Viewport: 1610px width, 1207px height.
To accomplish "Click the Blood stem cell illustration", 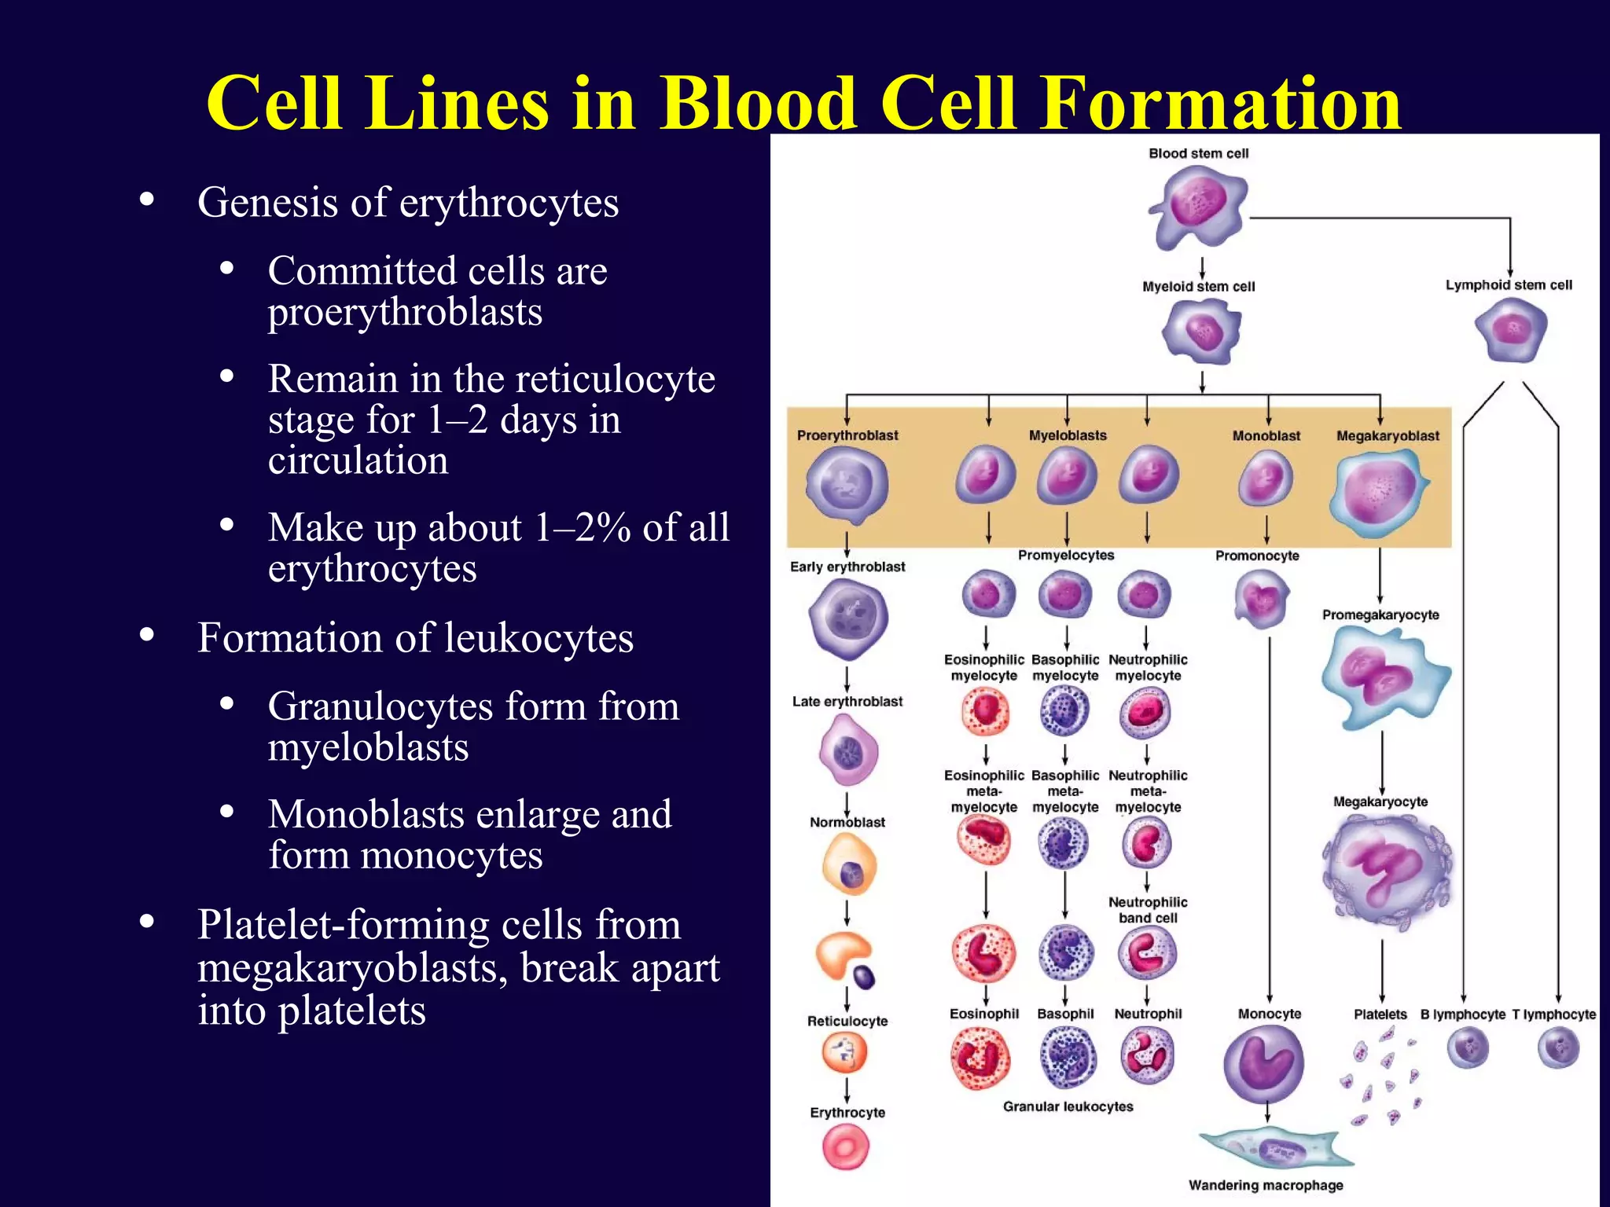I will pyautogui.click(x=1198, y=206).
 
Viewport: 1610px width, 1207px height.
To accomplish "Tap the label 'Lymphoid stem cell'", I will pyautogui.click(x=1508, y=285).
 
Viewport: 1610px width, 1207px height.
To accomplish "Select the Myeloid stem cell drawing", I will pyautogui.click(x=1201, y=332).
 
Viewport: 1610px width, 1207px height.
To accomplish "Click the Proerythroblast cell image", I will pyautogui.click(x=847, y=485).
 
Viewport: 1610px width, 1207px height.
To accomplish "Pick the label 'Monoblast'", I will pyautogui.click(x=1266, y=436).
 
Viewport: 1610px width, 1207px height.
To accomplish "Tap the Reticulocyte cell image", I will pyautogui.click(x=845, y=1052).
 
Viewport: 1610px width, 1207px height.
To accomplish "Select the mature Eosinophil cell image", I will pyautogui.click(x=980, y=1058).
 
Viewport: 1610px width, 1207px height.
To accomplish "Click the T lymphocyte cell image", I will pyautogui.click(x=1558, y=1047).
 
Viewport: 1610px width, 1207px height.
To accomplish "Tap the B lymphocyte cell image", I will pyautogui.click(x=1467, y=1047).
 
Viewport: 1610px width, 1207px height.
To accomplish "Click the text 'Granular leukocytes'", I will pyautogui.click(x=1068, y=1106).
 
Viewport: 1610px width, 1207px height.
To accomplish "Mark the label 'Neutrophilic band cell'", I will pyautogui.click(x=1147, y=910).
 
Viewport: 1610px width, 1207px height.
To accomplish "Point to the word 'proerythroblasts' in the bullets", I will pyautogui.click(x=405, y=313).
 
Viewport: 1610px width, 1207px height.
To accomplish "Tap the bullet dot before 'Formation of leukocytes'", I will pyautogui.click(x=146, y=634).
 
